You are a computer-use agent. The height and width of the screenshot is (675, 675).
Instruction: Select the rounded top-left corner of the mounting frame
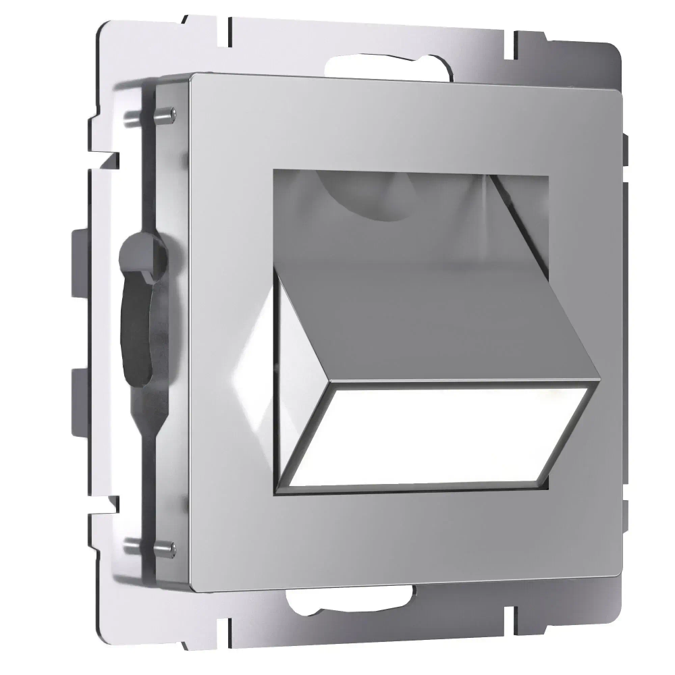point(108,30)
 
